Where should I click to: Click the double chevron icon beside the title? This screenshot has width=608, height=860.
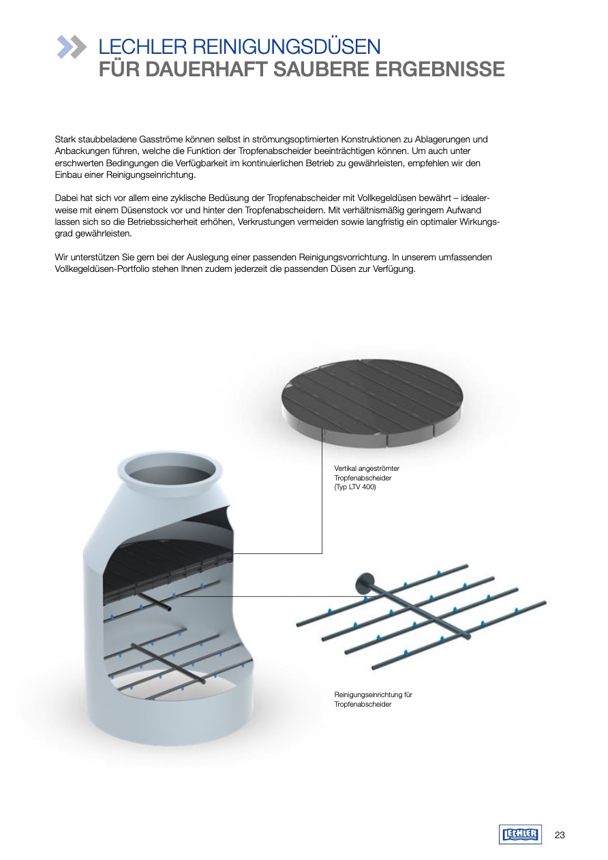pos(72,46)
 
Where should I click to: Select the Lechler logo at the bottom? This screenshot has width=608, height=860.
pos(520,834)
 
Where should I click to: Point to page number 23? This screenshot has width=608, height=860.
pos(560,835)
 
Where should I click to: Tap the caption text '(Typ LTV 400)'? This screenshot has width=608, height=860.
pos(355,487)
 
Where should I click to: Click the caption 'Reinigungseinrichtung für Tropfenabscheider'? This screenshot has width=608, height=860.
pos(374,699)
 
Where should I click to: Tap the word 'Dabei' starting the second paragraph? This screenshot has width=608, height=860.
pos(67,198)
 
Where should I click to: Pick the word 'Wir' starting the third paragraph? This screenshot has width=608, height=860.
pos(61,257)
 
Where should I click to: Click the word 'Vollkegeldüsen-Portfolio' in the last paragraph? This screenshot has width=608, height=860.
pos(100,268)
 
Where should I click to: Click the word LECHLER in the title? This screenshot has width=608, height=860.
pos(141,47)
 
